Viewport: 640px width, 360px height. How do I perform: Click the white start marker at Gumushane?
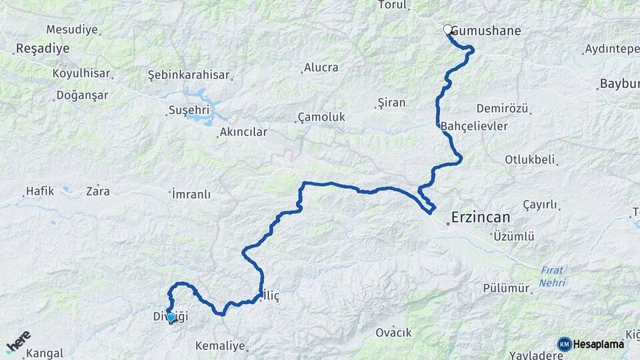[x=448, y=30]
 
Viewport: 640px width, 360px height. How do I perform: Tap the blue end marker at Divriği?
[x=171, y=318]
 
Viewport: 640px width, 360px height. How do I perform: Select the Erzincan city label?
[x=480, y=217]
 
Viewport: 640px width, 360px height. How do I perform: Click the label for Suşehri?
[x=189, y=110]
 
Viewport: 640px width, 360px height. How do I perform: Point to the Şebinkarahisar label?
[x=188, y=75]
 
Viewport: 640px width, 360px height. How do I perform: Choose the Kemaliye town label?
[x=221, y=347]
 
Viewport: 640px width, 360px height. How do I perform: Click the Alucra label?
[x=321, y=67]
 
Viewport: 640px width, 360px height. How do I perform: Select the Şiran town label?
[x=391, y=103]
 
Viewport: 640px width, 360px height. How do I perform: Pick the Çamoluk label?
[x=321, y=117]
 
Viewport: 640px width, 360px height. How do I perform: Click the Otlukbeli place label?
[x=530, y=159]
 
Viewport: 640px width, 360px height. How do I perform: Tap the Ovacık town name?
[x=393, y=333]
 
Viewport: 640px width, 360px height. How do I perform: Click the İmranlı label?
[x=191, y=194]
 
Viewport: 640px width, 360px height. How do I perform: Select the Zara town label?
[x=97, y=191]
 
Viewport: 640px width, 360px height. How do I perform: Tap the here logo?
[x=19, y=342]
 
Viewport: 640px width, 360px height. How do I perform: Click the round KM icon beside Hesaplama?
[x=564, y=344]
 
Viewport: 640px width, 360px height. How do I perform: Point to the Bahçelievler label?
[x=474, y=126]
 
